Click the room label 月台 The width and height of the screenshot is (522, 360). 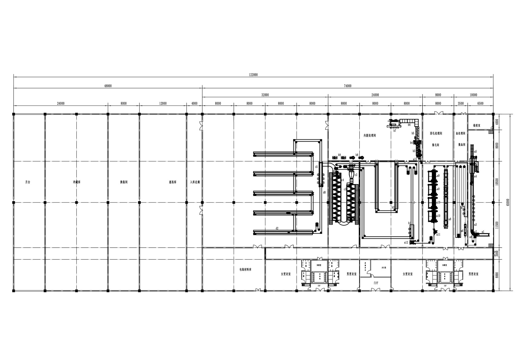[x=28, y=182]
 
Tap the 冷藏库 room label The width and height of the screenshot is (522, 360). [x=77, y=182]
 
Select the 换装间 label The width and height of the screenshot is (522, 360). [x=123, y=182]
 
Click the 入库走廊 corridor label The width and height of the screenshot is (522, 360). [x=195, y=182]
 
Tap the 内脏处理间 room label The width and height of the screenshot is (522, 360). [x=370, y=135]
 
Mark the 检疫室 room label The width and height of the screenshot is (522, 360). [x=476, y=125]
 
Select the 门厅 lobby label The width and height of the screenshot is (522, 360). [x=376, y=283]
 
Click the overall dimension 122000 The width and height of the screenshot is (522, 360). [x=253, y=74]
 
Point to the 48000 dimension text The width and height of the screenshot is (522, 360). [x=108, y=86]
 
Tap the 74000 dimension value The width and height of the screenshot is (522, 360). [x=347, y=86]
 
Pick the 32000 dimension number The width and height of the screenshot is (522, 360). [x=265, y=95]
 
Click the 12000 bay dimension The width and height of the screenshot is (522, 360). [x=163, y=104]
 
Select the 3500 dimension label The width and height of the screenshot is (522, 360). [x=461, y=104]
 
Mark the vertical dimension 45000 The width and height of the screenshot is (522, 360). [x=508, y=202]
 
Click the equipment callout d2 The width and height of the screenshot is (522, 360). [x=277, y=228]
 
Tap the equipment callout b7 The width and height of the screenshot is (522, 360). [x=395, y=131]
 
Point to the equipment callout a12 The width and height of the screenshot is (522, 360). [x=406, y=243]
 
